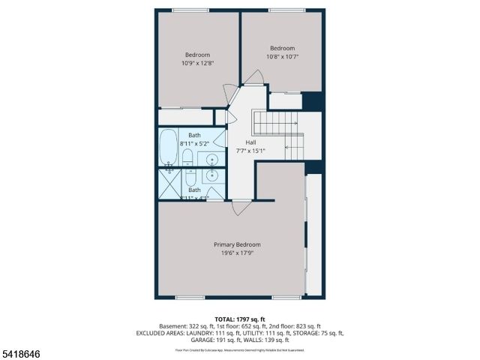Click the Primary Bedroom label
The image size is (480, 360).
click(x=237, y=245)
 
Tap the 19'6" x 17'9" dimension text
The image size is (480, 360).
click(x=237, y=253)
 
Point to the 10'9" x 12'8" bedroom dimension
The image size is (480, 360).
click(x=198, y=63)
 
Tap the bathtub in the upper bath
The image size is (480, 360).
click(x=168, y=146)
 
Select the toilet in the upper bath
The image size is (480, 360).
click(x=189, y=157)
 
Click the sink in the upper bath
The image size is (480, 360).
click(x=212, y=158)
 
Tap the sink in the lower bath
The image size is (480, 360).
click(x=212, y=177)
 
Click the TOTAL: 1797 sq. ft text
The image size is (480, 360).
click(x=240, y=319)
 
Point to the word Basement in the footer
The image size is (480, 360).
click(x=174, y=326)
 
